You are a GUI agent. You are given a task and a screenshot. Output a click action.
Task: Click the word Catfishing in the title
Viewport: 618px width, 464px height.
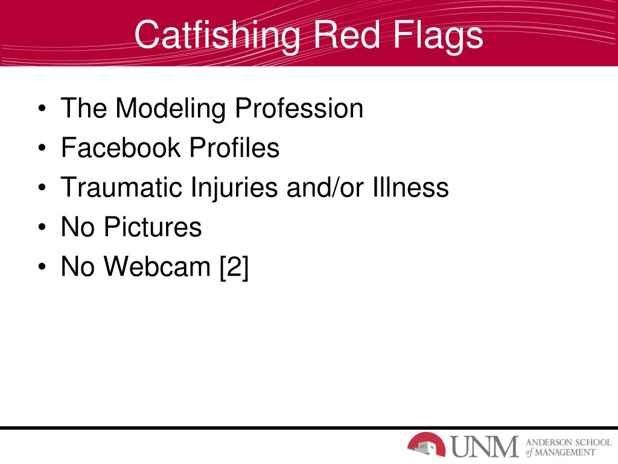[x=217, y=34]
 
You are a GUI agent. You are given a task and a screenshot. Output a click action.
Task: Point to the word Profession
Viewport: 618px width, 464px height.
[x=299, y=109]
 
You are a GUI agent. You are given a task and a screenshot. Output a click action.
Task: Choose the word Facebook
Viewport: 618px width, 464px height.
[x=121, y=148]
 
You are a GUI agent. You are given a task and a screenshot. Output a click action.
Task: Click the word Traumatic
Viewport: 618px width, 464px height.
[x=121, y=187]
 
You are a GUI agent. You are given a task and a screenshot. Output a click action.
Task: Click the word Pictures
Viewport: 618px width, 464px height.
[x=152, y=227]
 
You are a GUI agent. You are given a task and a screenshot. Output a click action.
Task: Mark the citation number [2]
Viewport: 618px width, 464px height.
[x=234, y=266]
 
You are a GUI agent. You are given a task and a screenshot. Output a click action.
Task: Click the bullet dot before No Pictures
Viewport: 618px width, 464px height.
[x=42, y=229]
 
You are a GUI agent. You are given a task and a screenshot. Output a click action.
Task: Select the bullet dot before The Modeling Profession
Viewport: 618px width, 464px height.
[x=42, y=111]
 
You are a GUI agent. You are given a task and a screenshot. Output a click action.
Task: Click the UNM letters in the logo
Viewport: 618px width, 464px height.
[x=485, y=446]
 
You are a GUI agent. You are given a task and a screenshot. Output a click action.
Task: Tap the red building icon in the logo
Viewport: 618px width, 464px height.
[x=426, y=445]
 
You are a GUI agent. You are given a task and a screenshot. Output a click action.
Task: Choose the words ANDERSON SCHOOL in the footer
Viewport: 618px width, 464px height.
[x=569, y=441]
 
